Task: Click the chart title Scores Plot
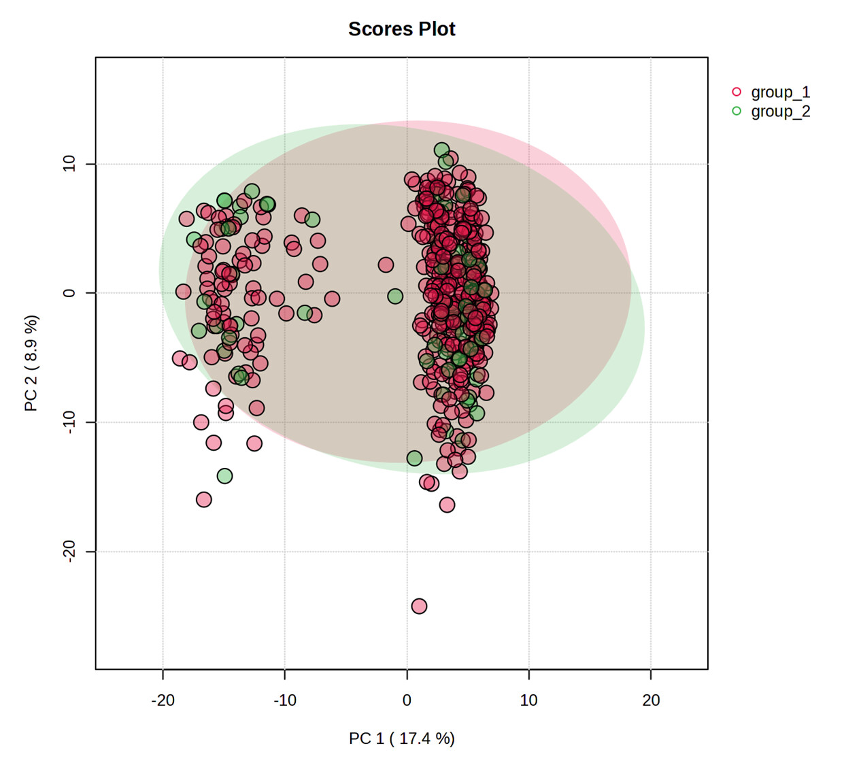click(x=401, y=29)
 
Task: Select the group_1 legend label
click(x=780, y=92)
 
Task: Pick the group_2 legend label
click(x=780, y=112)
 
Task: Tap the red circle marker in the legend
click(x=737, y=92)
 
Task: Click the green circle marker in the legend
click(x=737, y=111)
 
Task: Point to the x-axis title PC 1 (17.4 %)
click(x=401, y=738)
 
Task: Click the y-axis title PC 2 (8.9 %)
click(x=31, y=363)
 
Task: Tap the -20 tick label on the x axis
click(x=163, y=700)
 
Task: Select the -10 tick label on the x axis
click(x=284, y=700)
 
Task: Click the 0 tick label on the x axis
click(x=407, y=700)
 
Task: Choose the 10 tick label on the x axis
click(x=528, y=700)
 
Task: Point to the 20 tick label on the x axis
click(x=651, y=700)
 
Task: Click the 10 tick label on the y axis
click(x=69, y=163)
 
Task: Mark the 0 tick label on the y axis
click(x=69, y=293)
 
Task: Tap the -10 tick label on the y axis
click(x=69, y=422)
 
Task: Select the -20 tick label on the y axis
click(x=69, y=551)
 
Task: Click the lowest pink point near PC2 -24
click(x=419, y=606)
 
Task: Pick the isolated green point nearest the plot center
click(x=395, y=296)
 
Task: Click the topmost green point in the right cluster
click(x=441, y=150)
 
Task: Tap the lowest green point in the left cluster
click(x=224, y=476)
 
